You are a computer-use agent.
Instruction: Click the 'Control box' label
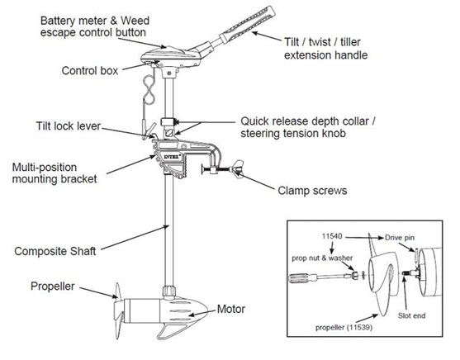[x=90, y=71]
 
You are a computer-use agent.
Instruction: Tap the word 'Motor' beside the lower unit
[x=231, y=309]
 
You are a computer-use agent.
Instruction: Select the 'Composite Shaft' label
[x=55, y=251]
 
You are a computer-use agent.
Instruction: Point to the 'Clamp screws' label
[x=312, y=191]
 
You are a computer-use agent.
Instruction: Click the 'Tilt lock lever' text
[x=69, y=126]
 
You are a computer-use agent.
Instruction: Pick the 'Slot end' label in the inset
[x=411, y=315]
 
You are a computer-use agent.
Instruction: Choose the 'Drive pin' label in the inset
[x=400, y=238]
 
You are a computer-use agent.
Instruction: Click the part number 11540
[x=332, y=236]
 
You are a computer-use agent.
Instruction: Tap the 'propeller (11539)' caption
[x=344, y=327]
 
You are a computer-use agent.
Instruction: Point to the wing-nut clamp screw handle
[x=236, y=168]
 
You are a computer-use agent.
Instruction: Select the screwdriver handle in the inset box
[x=298, y=278]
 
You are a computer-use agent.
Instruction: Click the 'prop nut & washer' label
[x=322, y=258]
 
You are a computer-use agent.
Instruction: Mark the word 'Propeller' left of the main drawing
[x=53, y=287]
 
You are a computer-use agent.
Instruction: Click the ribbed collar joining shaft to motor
[x=169, y=292]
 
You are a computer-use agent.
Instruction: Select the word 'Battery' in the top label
[x=58, y=21]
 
